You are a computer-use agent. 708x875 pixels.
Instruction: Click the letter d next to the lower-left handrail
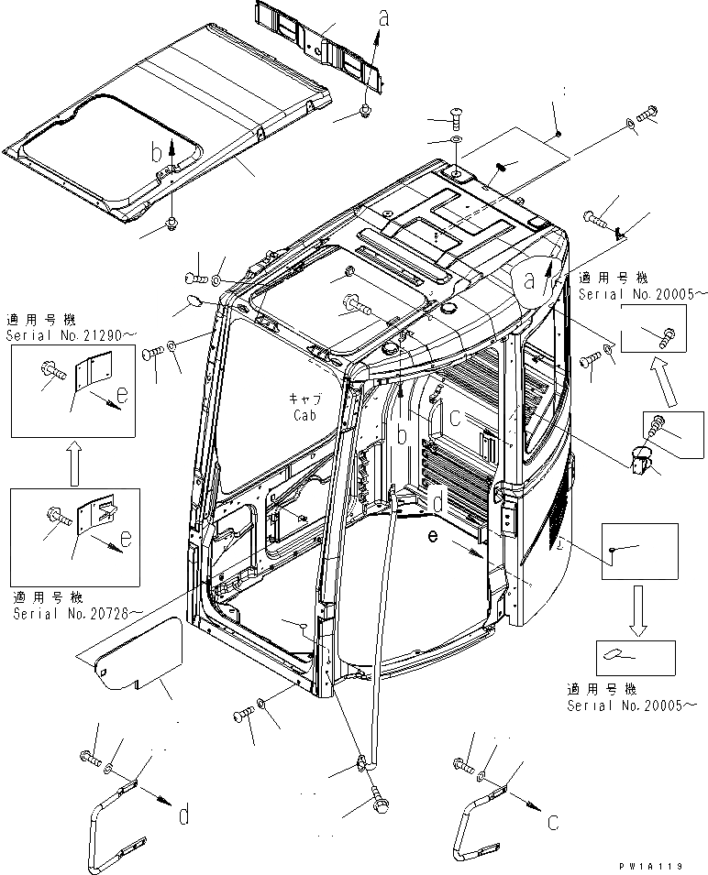[x=185, y=813]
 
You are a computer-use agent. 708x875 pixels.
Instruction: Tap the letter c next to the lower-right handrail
[x=552, y=822]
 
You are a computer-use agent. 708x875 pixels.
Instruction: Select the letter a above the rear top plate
[x=382, y=14]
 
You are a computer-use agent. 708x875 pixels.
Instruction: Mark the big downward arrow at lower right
[x=639, y=609]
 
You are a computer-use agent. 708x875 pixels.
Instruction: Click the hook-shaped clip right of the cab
[x=643, y=456]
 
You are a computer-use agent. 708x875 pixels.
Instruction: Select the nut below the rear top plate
[x=365, y=113]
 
